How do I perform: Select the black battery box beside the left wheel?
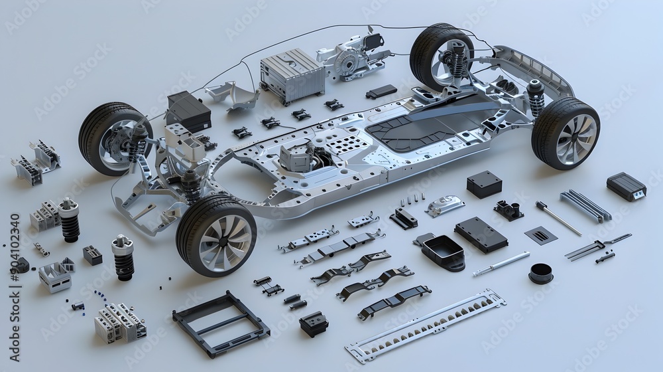click(x=188, y=110)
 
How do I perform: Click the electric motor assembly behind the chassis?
click(x=351, y=58)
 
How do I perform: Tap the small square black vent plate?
click(x=540, y=234)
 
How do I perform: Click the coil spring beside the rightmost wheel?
click(x=536, y=99)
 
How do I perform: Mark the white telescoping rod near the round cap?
click(x=501, y=264)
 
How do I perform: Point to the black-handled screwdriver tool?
click(x=558, y=217)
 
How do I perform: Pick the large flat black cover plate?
click(x=481, y=234)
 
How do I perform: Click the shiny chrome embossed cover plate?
click(x=445, y=205)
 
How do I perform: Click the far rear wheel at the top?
click(x=441, y=54)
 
